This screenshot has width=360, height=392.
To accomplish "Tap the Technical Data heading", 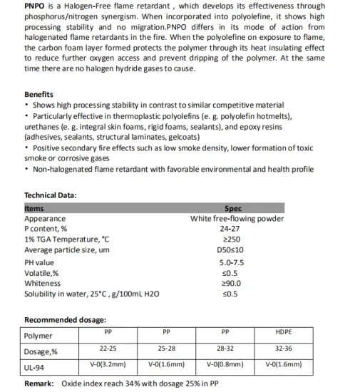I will [51, 195].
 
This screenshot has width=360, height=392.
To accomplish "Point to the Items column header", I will [34, 208].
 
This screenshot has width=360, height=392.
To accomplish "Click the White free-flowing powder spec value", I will [237, 219].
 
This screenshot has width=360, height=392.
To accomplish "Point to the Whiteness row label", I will [42, 283].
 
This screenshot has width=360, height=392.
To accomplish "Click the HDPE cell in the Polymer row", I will [283, 332].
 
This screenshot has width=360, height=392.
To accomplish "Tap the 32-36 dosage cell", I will [283, 349].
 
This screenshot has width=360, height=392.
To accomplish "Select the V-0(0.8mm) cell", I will [225, 364].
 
